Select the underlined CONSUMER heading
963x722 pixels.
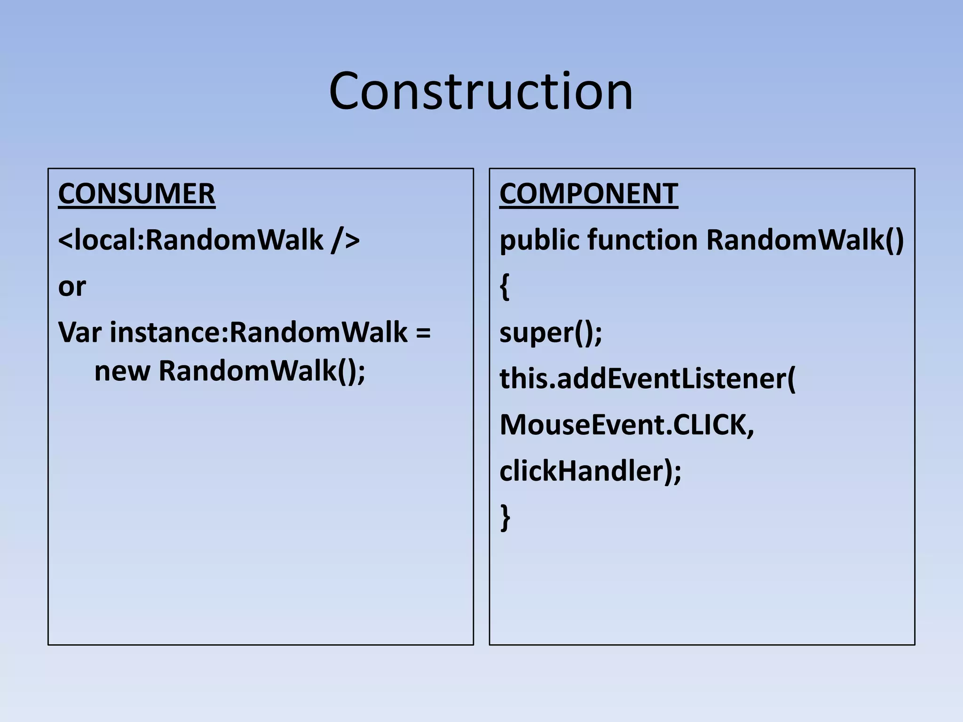[x=136, y=194]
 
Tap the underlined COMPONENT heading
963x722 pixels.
[x=588, y=194]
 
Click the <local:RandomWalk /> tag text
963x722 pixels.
[x=209, y=240]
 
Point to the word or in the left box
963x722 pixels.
[x=72, y=287]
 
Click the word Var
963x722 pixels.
[x=79, y=332]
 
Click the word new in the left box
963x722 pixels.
[x=122, y=371]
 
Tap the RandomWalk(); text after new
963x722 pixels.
[x=261, y=371]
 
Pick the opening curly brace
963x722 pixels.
[x=505, y=287]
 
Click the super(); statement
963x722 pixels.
[x=550, y=333]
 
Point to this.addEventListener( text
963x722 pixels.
[x=647, y=379]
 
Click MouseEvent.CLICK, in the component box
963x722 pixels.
[x=626, y=425]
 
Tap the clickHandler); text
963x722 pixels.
[x=590, y=471]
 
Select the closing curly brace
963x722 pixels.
[x=505, y=517]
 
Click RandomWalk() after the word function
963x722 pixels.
[x=805, y=240]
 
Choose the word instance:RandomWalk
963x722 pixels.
[x=259, y=332]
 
